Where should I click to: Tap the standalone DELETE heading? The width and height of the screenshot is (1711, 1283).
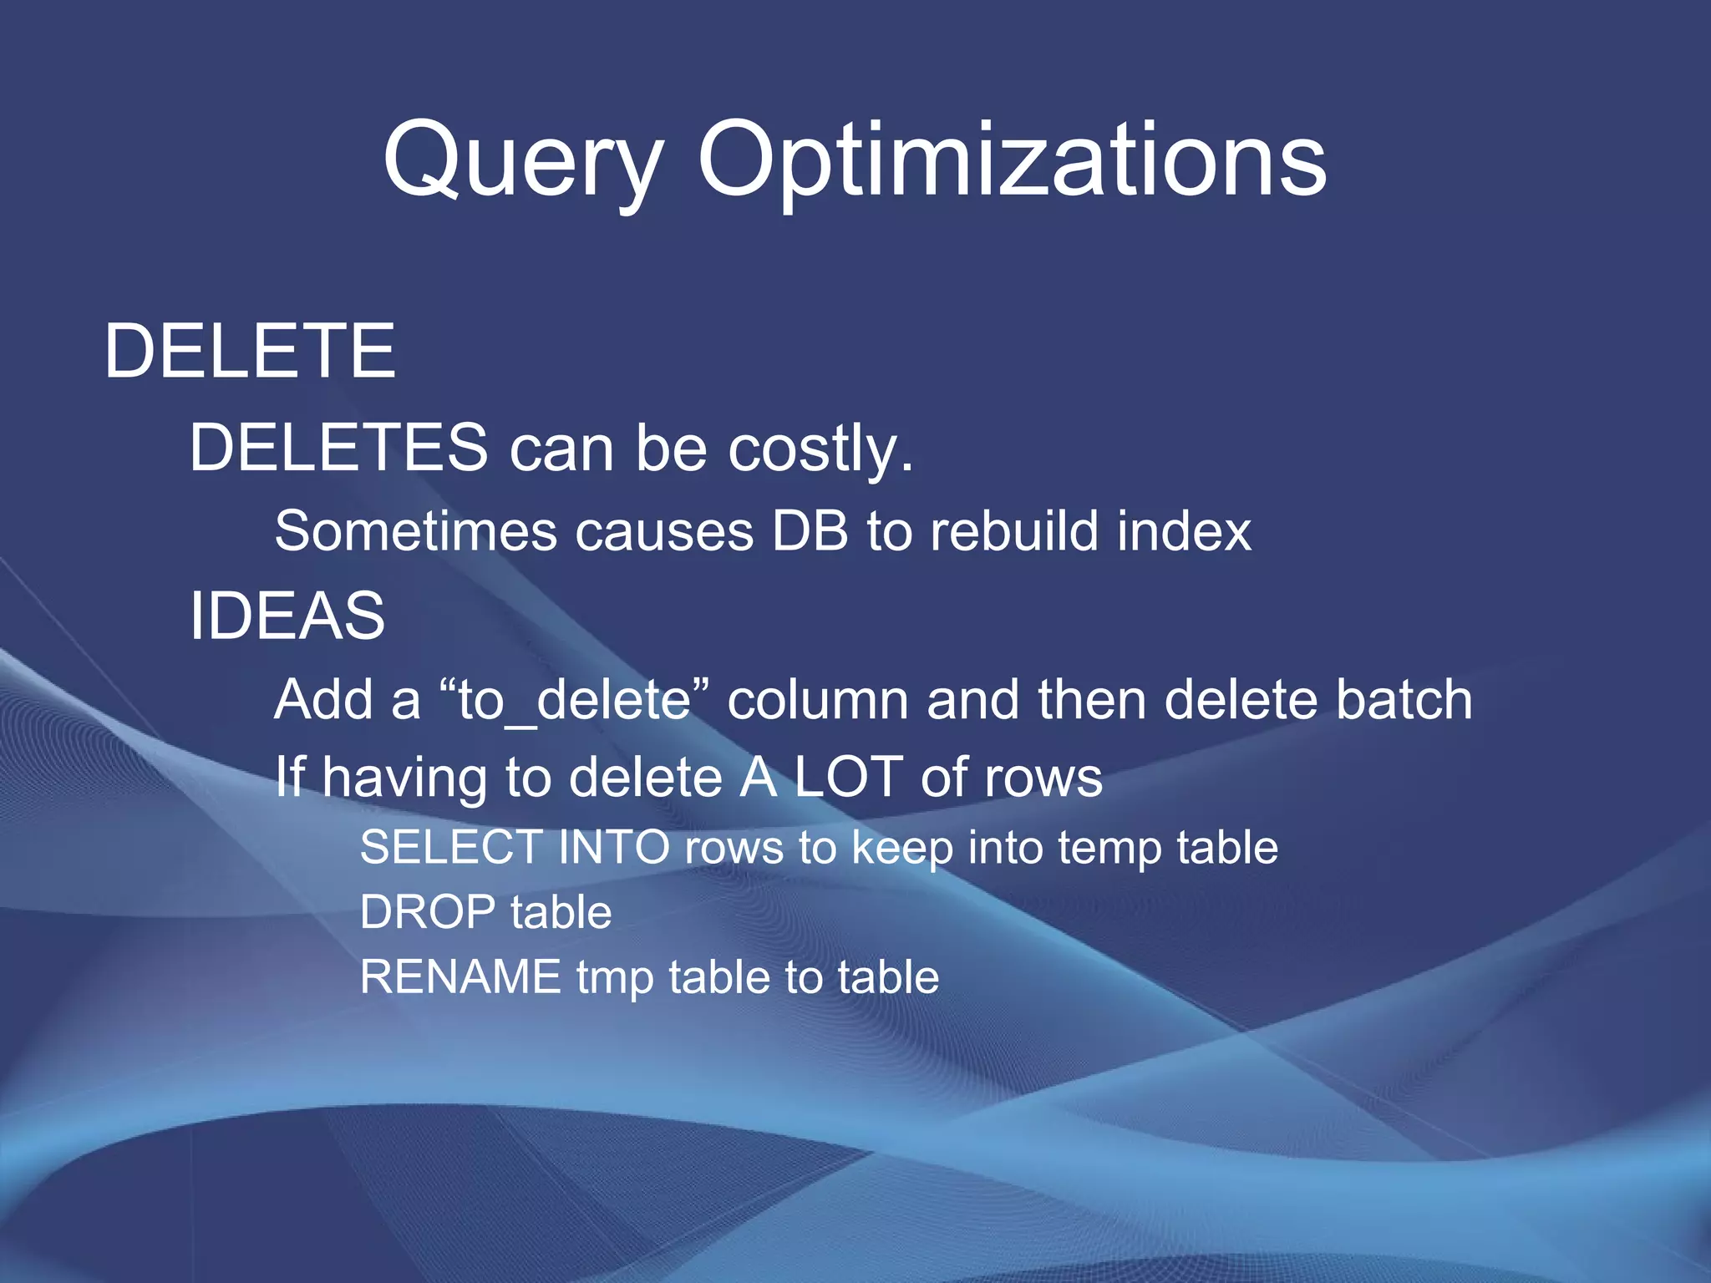pos(249,352)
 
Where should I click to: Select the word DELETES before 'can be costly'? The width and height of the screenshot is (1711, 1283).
pos(338,448)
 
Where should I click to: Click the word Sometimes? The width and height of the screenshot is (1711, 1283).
pos(415,531)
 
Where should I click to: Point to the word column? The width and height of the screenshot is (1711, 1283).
pos(817,700)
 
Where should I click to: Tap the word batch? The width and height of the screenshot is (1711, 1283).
pos(1403,700)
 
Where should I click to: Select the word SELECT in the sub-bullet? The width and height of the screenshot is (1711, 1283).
pos(451,848)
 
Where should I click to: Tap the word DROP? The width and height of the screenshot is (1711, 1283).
pos(427,912)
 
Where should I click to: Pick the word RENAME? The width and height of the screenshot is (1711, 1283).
pos(460,977)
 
